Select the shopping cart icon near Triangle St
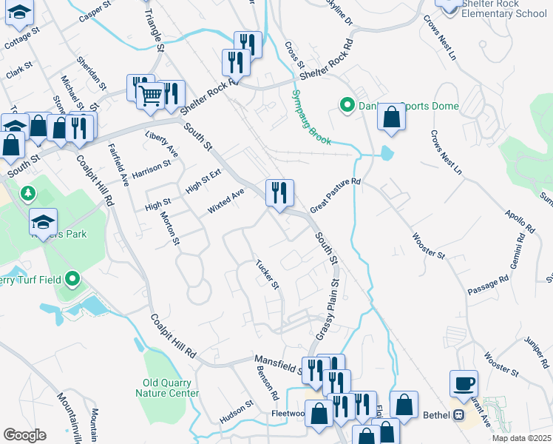coord(151,95)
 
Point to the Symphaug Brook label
coord(310,115)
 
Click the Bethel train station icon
coord(458,415)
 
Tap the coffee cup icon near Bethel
coord(464,383)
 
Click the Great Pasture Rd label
coord(335,195)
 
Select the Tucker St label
coord(266,274)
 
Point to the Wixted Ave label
coord(225,201)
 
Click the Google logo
coord(24,435)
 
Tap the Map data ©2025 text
coord(522,438)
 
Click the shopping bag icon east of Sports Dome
coord(392,118)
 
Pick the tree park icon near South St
coord(29,193)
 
